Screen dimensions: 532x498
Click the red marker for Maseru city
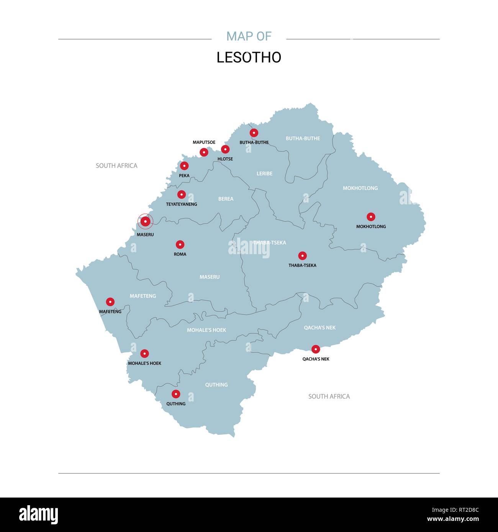click(x=145, y=221)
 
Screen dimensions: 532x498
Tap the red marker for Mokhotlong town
click(x=371, y=217)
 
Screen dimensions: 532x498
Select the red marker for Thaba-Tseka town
click(x=303, y=256)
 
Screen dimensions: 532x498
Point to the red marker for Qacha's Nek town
click(x=316, y=349)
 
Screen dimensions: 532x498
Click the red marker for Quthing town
click(x=176, y=394)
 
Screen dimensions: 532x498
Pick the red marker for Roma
click(x=180, y=245)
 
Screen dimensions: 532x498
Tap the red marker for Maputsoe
click(x=204, y=152)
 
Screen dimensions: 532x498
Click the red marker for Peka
click(x=184, y=166)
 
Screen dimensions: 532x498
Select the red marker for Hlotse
click(x=225, y=149)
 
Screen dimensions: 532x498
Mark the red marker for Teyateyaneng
click(x=182, y=194)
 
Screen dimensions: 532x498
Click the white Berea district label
click(x=226, y=199)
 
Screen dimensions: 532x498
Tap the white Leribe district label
click(x=264, y=174)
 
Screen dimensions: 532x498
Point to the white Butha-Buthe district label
click(x=303, y=139)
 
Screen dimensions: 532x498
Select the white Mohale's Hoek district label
click(x=206, y=330)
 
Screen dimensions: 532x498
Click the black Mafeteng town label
click(x=110, y=312)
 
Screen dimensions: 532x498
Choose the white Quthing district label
click(x=216, y=385)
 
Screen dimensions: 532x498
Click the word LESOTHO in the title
click(x=249, y=57)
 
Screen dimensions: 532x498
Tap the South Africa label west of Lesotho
click(x=116, y=166)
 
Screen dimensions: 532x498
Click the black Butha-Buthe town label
click(x=254, y=142)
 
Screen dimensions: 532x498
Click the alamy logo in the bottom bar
click(x=39, y=515)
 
